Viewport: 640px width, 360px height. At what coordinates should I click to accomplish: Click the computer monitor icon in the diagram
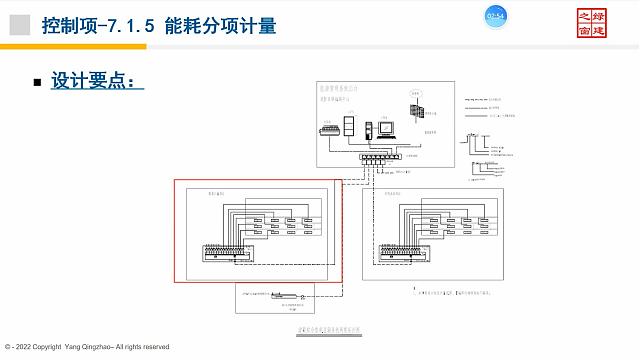(386, 127)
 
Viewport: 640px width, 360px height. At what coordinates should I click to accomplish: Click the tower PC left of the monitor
(369, 128)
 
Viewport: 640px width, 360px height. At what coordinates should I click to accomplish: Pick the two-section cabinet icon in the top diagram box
(349, 125)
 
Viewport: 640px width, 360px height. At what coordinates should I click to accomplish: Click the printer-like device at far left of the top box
(326, 130)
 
